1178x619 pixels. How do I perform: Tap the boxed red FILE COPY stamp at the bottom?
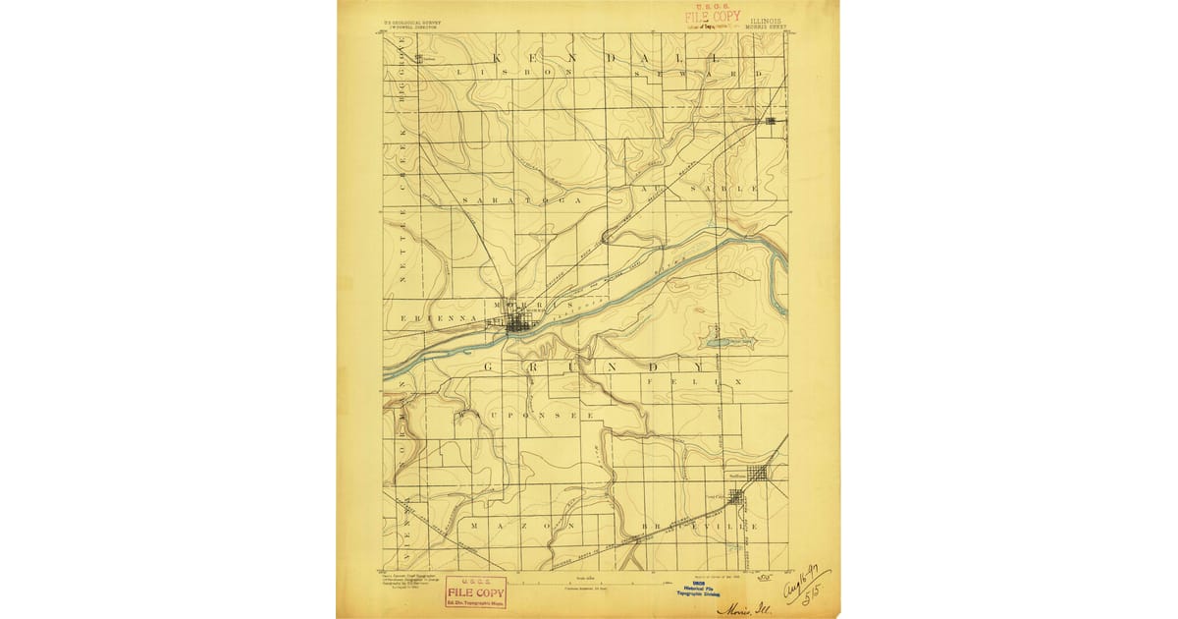475,592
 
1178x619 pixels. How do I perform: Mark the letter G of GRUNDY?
487,366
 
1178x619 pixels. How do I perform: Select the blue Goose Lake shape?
728,343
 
